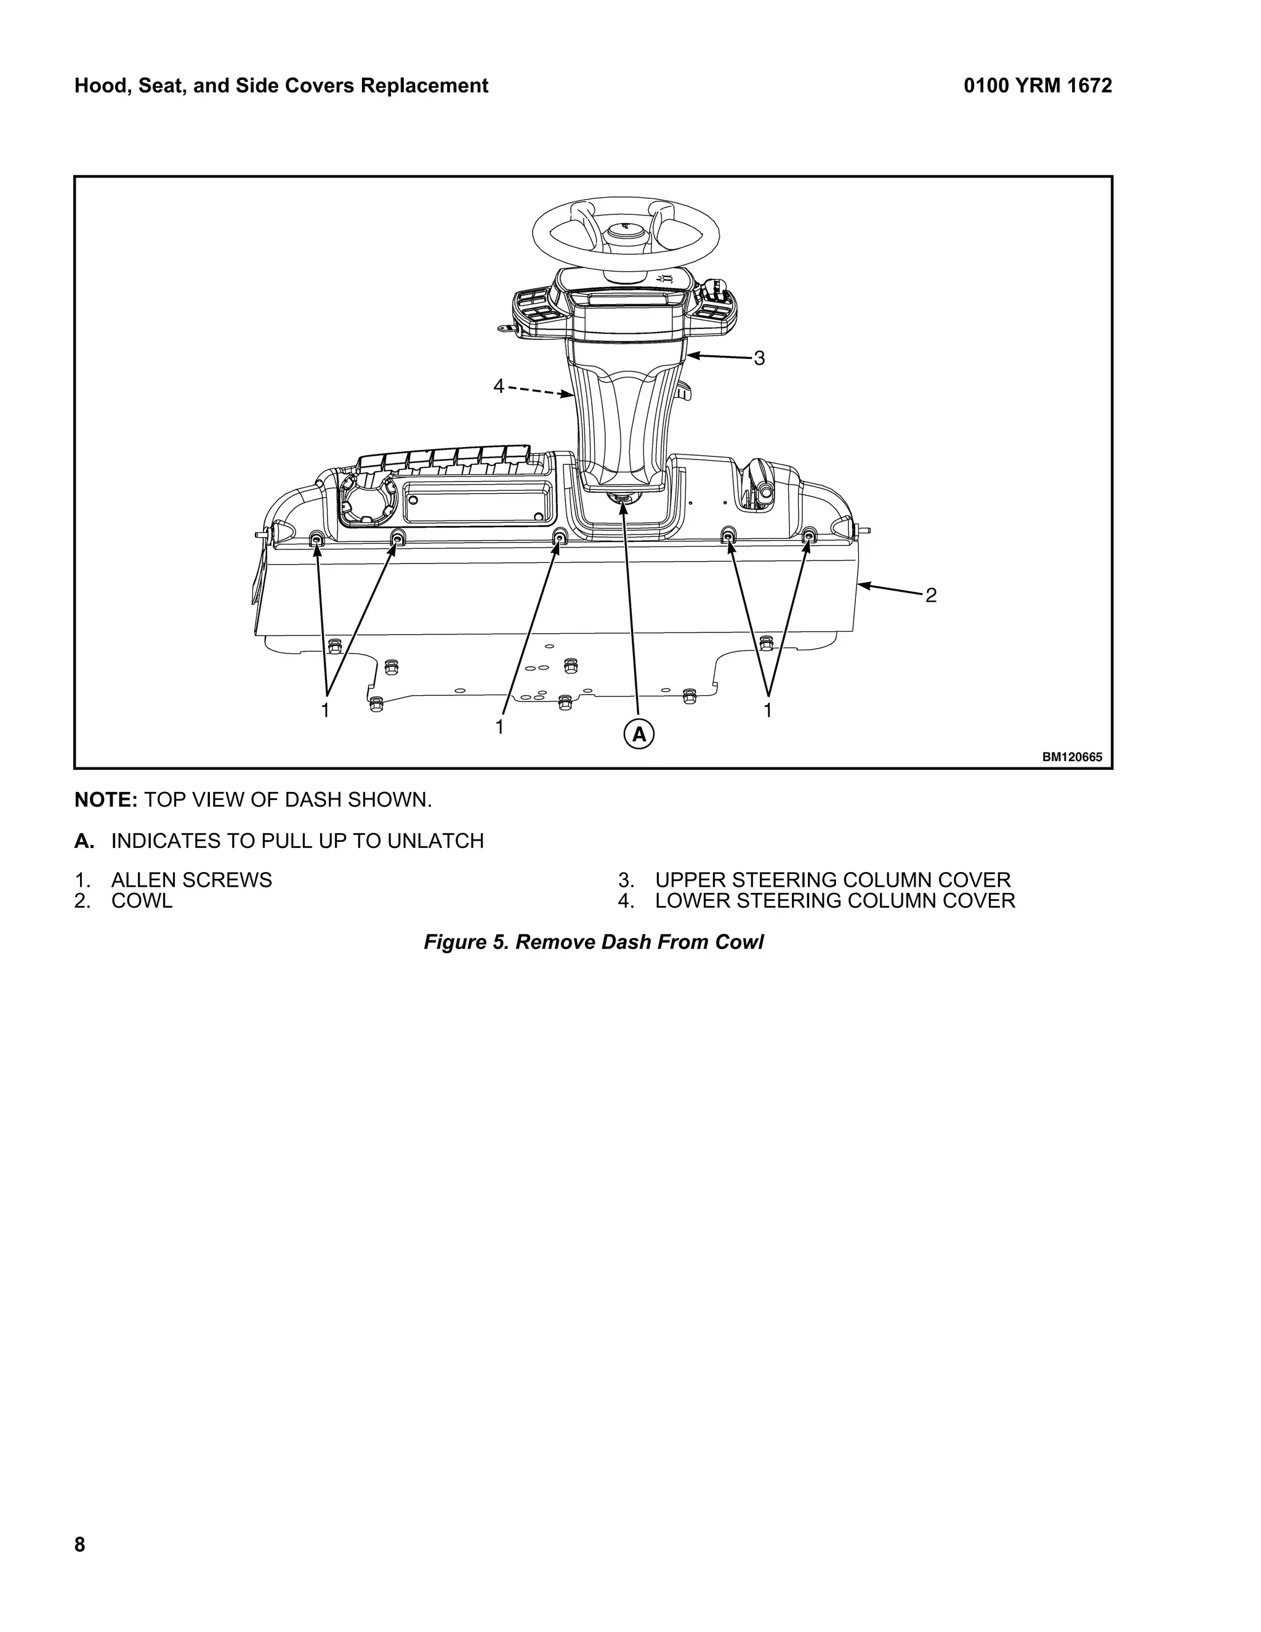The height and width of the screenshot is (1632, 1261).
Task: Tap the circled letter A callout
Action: [639, 735]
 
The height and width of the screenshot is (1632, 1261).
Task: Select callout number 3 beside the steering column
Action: [759, 358]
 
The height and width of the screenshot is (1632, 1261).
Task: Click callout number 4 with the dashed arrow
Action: [499, 386]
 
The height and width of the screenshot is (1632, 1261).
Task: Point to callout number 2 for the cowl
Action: [931, 596]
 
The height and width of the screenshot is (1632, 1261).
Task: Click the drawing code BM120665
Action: [1072, 757]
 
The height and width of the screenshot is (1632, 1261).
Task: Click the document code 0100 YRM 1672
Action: [1037, 86]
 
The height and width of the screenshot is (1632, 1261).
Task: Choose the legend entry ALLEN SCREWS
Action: [191, 880]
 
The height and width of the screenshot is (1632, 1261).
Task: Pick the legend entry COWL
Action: [142, 900]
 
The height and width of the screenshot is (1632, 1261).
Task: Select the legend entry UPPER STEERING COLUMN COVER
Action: [832, 880]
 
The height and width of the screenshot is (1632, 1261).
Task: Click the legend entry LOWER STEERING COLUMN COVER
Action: [834, 900]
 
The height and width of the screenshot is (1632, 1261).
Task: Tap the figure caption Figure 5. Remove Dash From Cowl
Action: [593, 942]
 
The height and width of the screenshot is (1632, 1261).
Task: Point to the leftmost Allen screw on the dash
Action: [316, 539]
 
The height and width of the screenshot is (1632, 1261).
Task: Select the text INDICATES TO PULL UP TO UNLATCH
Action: [297, 841]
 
